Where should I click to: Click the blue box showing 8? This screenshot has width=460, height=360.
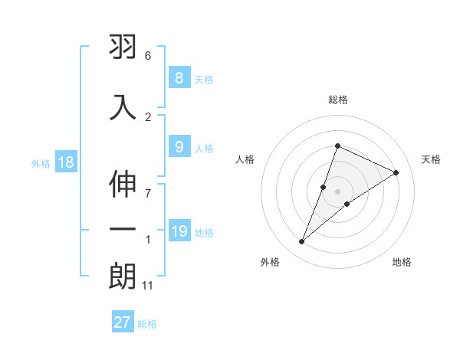tap(179, 78)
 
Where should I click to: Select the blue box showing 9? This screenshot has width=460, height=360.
tap(179, 147)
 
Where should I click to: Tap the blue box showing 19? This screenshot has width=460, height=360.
tap(179, 231)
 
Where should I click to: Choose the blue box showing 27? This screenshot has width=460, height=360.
tap(123, 322)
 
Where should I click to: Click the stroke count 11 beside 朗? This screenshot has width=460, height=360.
tap(148, 286)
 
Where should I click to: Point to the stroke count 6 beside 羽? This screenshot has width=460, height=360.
tap(147, 56)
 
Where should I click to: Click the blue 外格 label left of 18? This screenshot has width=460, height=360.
tap(41, 163)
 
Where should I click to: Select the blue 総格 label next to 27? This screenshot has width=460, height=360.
tap(147, 323)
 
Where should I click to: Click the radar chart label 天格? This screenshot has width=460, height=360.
tap(432, 159)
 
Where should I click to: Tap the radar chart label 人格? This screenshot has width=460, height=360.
tap(245, 159)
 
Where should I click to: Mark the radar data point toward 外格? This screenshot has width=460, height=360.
tap(301, 242)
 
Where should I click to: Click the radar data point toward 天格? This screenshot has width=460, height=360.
tap(396, 172)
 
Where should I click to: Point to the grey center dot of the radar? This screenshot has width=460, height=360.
tap(338, 191)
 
